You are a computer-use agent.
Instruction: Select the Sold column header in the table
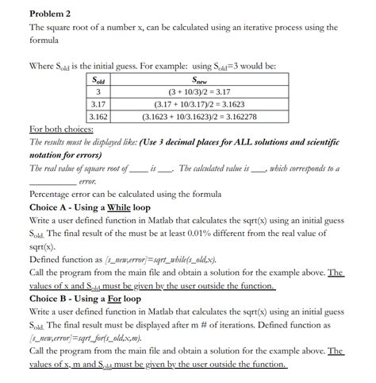[98, 80]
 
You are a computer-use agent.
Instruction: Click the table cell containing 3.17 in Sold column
[98, 104]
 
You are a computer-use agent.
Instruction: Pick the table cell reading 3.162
[98, 116]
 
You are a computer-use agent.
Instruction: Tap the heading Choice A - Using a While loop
[90, 207]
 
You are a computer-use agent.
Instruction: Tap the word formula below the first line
[44, 41]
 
